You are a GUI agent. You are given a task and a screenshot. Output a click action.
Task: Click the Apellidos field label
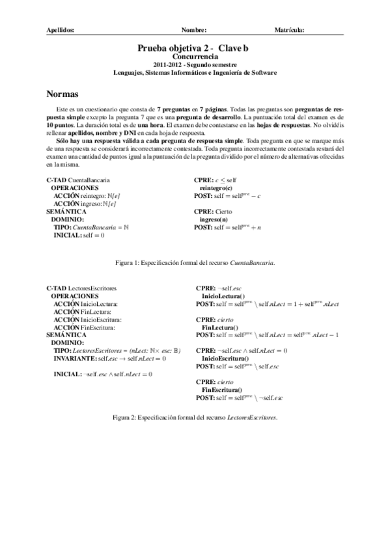61,30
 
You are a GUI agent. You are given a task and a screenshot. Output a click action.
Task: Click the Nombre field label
194,30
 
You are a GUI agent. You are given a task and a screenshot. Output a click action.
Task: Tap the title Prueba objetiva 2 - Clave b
194,48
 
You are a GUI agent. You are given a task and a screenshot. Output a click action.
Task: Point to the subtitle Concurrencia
195,57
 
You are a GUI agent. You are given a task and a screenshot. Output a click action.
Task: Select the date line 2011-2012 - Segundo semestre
195,65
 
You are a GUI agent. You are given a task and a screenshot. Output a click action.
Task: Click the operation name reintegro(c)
216,187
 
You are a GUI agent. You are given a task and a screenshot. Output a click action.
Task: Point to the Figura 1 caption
194,263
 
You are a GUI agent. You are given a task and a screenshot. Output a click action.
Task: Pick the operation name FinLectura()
221,328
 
